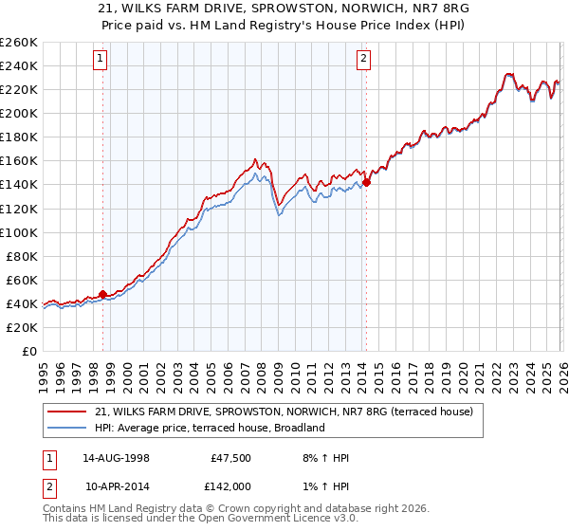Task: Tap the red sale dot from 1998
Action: point(102,294)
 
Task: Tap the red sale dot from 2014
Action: point(366,182)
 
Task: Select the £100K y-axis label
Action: point(19,232)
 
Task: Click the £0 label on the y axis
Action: point(28,351)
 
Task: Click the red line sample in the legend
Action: point(68,412)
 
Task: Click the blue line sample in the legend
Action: point(68,428)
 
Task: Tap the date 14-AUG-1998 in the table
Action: point(118,458)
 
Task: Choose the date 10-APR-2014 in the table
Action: point(118,485)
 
